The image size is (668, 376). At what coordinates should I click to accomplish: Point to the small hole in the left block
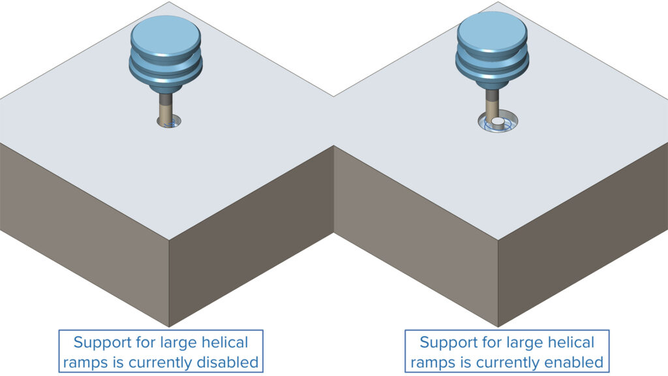(x=169, y=122)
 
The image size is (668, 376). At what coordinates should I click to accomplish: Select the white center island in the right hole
(x=497, y=121)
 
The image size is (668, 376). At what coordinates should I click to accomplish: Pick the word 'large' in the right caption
(x=523, y=342)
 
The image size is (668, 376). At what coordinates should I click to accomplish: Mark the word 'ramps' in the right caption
(x=433, y=361)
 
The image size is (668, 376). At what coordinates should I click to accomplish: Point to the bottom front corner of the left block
(x=169, y=326)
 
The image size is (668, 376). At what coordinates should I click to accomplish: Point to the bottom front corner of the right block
(x=498, y=326)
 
